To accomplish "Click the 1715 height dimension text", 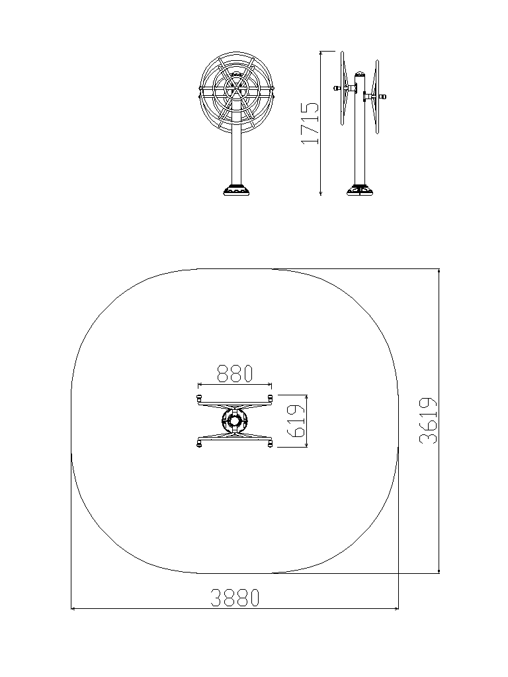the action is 310,122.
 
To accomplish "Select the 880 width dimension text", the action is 235,374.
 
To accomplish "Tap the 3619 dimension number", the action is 428,421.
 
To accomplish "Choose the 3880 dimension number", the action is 235,598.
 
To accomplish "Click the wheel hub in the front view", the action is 236,89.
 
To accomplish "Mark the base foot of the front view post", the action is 236,190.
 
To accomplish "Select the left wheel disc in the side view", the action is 343,88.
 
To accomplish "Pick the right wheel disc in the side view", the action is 377,96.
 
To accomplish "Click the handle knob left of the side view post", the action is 335,88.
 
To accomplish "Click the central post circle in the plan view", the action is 235,421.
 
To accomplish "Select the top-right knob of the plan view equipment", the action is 271,397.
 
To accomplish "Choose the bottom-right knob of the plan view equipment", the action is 271,444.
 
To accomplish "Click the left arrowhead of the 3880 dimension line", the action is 73,609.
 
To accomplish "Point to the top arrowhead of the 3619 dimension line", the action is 439,272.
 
